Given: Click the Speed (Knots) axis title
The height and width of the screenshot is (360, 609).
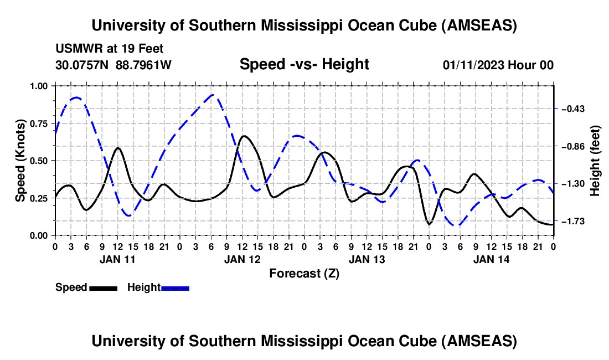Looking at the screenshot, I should [20, 161].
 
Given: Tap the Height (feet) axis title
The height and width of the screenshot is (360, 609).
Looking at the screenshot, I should [595, 161].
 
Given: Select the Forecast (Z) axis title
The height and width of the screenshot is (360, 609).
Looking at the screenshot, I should [304, 273].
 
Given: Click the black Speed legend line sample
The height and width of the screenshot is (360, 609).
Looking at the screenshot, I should [103, 287].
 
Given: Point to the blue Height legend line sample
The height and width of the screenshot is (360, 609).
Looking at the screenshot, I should [176, 287].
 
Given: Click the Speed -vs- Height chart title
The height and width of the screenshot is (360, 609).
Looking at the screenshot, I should [304, 64].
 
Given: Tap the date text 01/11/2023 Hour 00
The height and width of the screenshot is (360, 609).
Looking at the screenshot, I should [498, 65].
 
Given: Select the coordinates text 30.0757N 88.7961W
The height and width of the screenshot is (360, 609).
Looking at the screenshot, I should [113, 65].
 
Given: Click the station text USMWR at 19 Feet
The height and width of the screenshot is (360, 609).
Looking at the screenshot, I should [110, 49].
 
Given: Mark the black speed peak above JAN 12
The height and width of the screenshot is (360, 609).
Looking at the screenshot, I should [244, 136].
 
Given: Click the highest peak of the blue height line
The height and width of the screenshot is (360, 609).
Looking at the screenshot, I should [213, 94].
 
